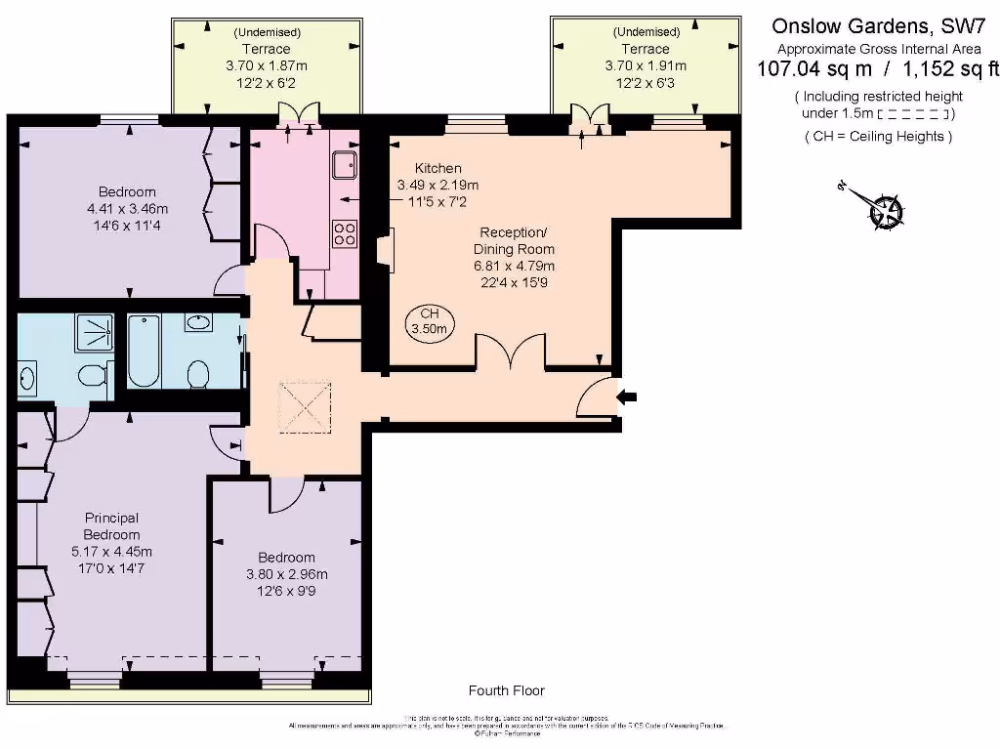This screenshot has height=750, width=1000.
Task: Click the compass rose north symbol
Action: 887,210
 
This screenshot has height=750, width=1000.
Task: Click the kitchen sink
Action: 345,167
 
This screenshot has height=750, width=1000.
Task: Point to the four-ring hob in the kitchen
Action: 345,233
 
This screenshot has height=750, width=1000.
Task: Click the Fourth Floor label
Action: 506,690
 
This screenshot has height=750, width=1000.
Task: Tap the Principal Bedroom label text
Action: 111,526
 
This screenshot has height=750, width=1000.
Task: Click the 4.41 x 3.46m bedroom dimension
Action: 127,209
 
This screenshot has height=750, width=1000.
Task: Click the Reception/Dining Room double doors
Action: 510,353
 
